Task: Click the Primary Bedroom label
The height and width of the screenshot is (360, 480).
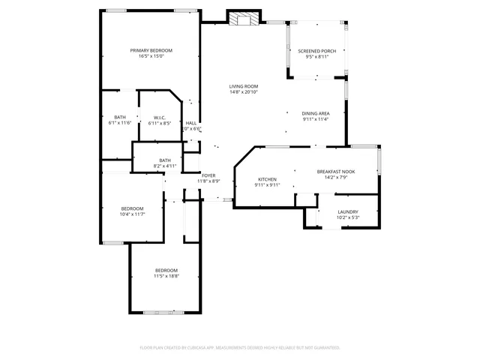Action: (x=151, y=50)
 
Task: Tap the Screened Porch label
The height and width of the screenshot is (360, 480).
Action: (x=316, y=51)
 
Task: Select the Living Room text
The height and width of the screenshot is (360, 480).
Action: (x=243, y=86)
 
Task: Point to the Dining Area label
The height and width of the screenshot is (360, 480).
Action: (x=316, y=113)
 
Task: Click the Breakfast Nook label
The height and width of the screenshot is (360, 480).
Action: (x=335, y=171)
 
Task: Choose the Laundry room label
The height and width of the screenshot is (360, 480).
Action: (x=347, y=211)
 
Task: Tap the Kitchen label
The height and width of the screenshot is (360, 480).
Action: (x=268, y=179)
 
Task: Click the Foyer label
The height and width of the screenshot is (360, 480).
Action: (x=208, y=175)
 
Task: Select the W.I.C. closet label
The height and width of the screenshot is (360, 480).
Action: (x=160, y=117)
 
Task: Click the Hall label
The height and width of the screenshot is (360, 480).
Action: (x=191, y=123)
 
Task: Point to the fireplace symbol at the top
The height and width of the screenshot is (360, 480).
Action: (x=243, y=19)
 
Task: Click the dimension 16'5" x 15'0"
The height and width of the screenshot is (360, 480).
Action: (x=151, y=56)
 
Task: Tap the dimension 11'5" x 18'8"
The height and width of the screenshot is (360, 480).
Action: (x=166, y=276)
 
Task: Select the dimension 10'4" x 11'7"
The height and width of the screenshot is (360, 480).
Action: (x=132, y=214)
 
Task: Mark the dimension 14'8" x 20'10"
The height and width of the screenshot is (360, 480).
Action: (x=243, y=92)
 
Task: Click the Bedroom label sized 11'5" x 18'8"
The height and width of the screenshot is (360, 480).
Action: (x=166, y=270)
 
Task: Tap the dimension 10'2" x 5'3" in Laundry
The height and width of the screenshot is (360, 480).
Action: (x=347, y=217)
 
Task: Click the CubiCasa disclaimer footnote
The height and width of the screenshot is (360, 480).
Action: (x=240, y=348)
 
